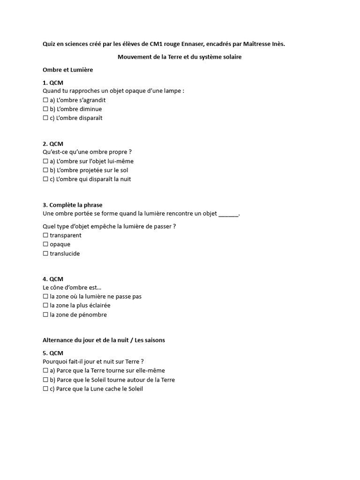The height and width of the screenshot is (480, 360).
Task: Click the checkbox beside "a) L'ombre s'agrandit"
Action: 45,100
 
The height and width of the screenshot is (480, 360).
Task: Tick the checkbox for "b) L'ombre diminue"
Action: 45,109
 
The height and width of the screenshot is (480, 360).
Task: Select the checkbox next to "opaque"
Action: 45,244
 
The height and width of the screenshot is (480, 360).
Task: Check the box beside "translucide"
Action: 45,254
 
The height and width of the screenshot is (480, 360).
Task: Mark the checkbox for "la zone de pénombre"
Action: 45,315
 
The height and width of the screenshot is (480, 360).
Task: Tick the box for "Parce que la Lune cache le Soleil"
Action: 45,389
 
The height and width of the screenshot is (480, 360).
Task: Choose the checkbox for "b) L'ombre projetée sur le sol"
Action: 45,171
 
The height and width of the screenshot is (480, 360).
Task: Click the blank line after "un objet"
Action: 228,214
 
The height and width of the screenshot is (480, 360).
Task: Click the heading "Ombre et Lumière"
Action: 67,70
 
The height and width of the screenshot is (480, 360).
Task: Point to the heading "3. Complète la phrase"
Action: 72,205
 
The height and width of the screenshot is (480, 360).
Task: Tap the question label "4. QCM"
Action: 52,279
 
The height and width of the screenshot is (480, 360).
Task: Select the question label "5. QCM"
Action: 52,353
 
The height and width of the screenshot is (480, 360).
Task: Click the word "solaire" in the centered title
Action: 231,57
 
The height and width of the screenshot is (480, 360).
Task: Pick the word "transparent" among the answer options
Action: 65,235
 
